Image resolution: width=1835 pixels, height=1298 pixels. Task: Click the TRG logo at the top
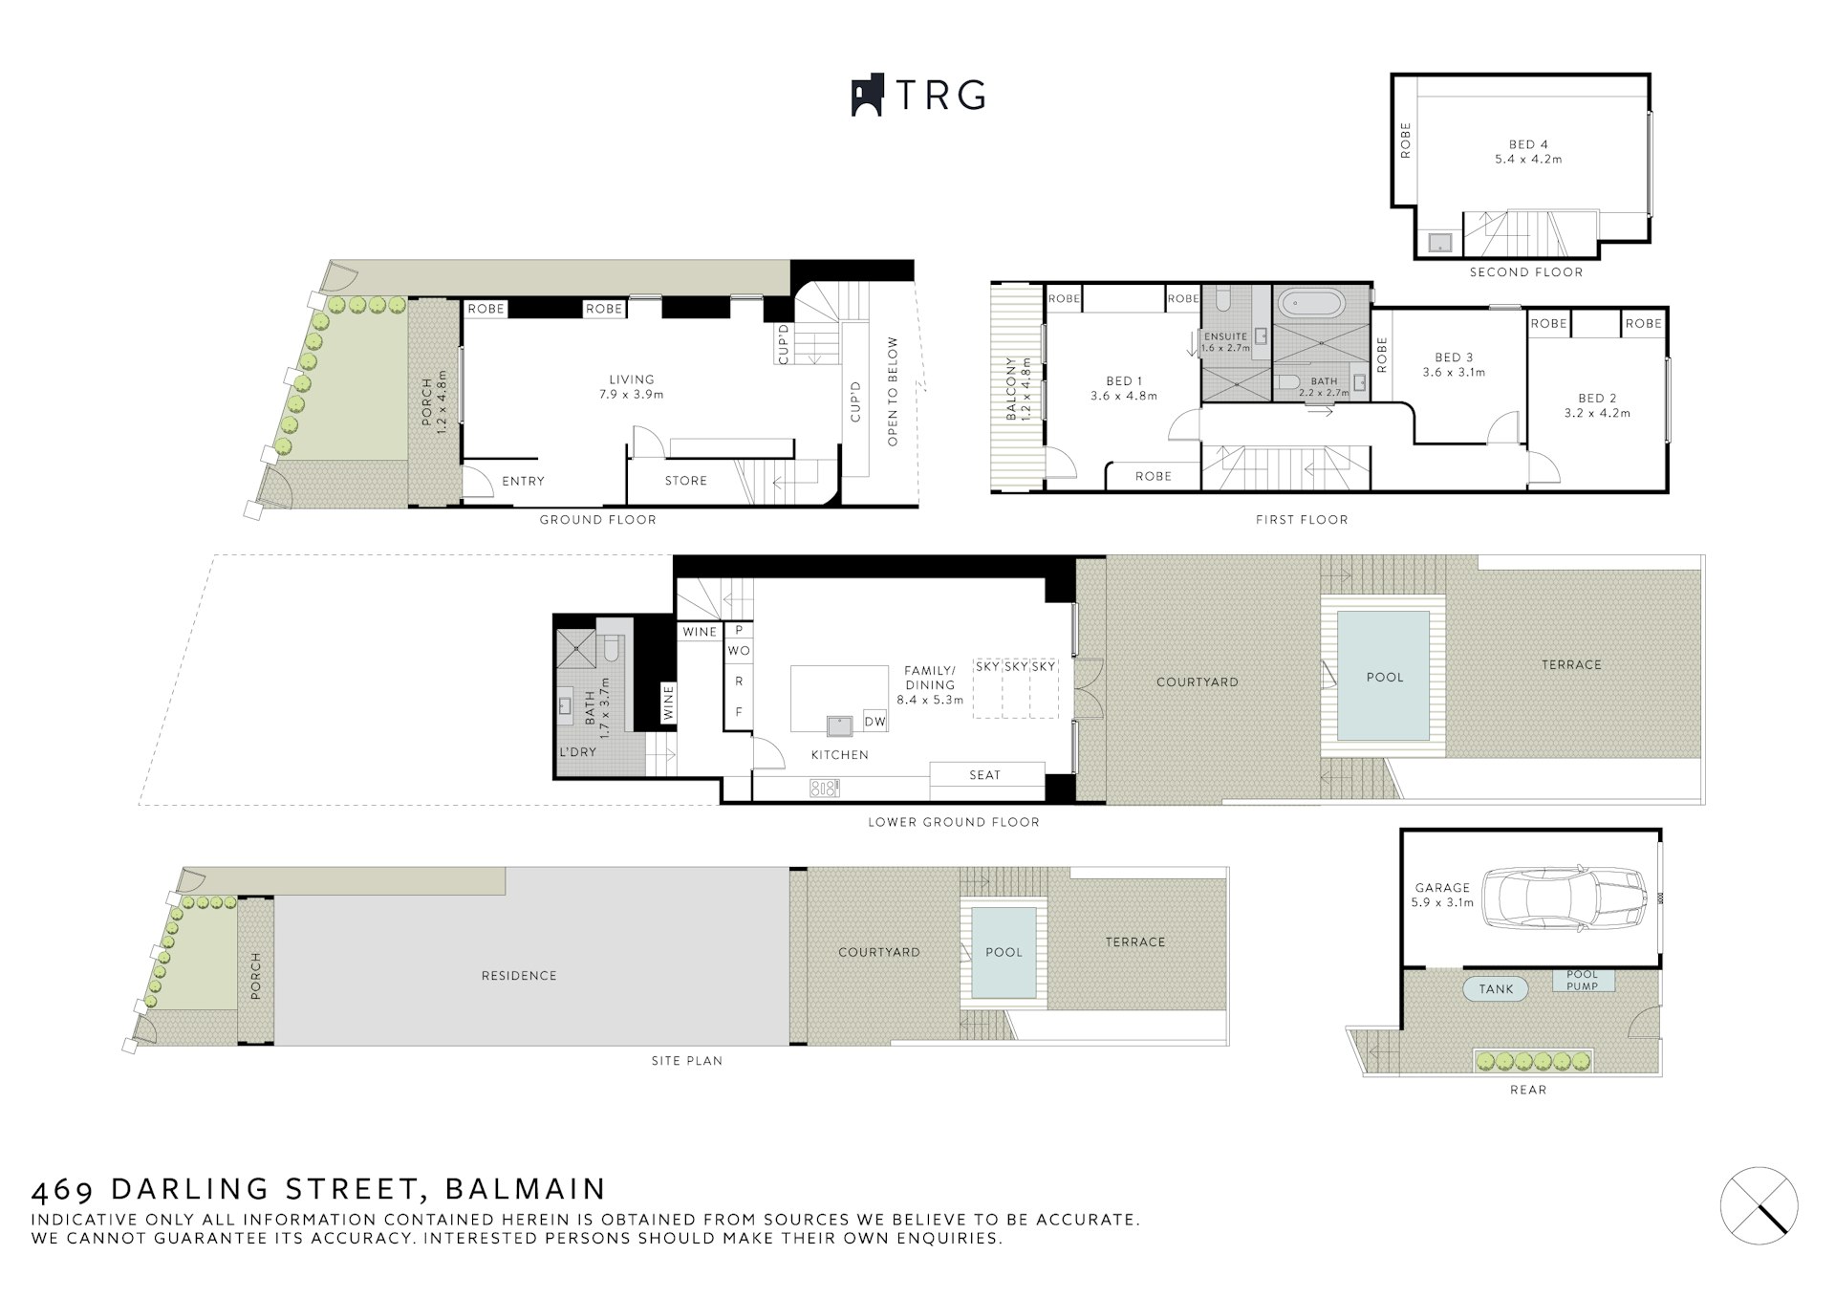917,96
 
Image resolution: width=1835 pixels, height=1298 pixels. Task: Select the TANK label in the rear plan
1496,989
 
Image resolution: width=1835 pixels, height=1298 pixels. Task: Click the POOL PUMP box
1582,981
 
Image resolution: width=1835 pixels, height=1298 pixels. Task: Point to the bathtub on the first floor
1311,306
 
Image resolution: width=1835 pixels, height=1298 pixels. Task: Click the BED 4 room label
1528,145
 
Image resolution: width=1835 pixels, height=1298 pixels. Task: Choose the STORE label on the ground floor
686,481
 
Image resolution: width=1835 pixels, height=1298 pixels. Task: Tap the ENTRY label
523,481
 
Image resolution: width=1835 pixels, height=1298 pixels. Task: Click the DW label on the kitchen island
874,722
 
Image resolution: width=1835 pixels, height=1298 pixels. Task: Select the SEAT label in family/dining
984,775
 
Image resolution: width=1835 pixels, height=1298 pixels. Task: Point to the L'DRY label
578,752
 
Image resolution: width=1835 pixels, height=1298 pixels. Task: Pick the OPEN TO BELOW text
894,391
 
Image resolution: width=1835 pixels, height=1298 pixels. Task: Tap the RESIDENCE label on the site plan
519,976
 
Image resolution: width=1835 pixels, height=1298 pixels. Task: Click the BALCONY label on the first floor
1010,389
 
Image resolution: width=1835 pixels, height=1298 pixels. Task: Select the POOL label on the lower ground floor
1385,678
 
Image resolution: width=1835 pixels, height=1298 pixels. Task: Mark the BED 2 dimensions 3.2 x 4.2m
1597,414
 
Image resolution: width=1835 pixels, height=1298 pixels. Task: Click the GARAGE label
1442,888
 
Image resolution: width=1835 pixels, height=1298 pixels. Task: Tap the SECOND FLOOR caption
1526,272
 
